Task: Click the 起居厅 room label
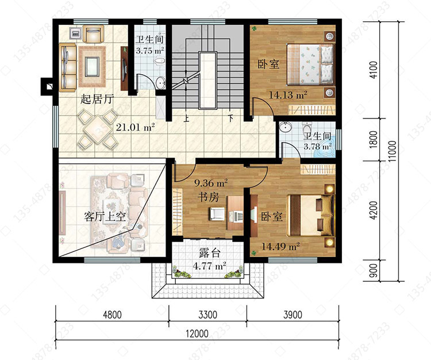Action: pyautogui.click(x=97, y=99)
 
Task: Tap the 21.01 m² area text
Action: pyautogui.click(x=135, y=127)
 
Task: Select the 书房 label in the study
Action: pyautogui.click(x=209, y=197)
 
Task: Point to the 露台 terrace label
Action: pyautogui.click(x=210, y=253)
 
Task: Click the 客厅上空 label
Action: pyautogui.click(x=105, y=217)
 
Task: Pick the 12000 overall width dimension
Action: pyautogui.click(x=197, y=334)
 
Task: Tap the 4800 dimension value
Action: pyautogui.click(x=112, y=315)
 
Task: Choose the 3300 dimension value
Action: pyautogui.click(x=208, y=315)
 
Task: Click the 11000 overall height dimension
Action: pyautogui.click(x=393, y=151)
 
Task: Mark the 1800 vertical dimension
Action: pyautogui.click(x=374, y=140)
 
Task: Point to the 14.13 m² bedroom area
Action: pyautogui.click(x=288, y=95)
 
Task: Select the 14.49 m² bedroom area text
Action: pyautogui.click(x=280, y=246)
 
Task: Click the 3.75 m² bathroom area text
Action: pyautogui.click(x=150, y=51)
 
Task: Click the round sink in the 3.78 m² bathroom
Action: pyautogui.click(x=285, y=127)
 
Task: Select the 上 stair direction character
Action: pyautogui.click(x=187, y=118)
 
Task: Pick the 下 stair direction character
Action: pyautogui.click(x=231, y=118)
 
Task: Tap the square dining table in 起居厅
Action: pyautogui.click(x=98, y=128)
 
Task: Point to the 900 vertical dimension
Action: pyautogui.click(x=374, y=271)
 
